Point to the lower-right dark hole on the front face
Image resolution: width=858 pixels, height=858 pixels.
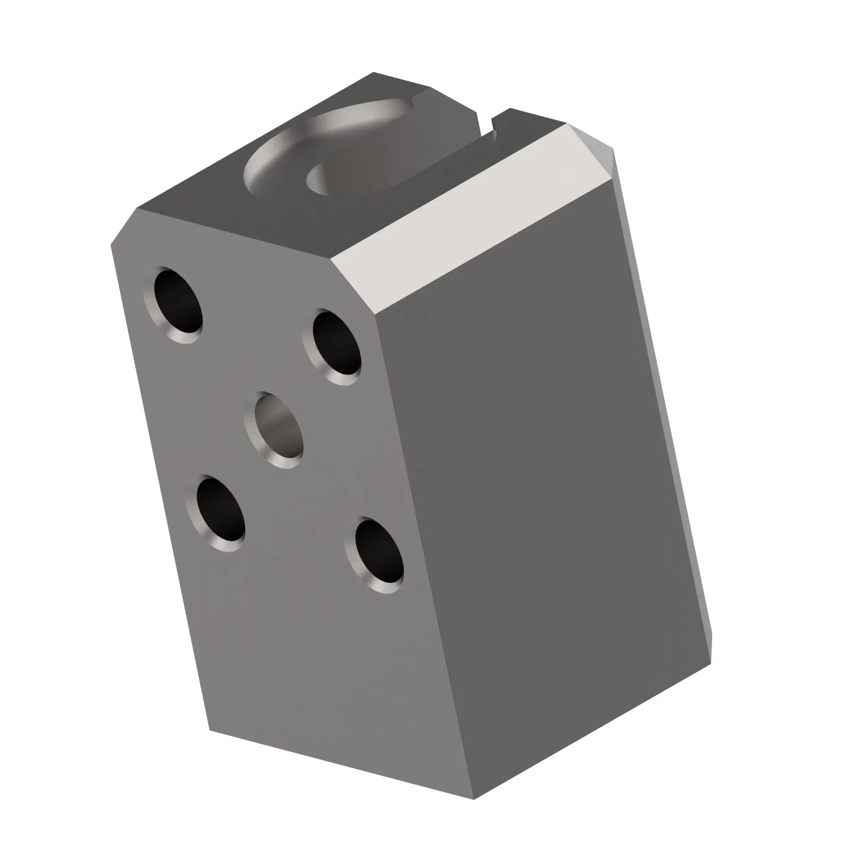[x=379, y=552]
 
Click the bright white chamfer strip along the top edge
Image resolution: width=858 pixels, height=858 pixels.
[x=471, y=218]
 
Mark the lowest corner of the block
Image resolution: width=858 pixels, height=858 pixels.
[x=474, y=799]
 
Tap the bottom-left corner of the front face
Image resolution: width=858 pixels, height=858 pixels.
[x=210, y=730]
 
